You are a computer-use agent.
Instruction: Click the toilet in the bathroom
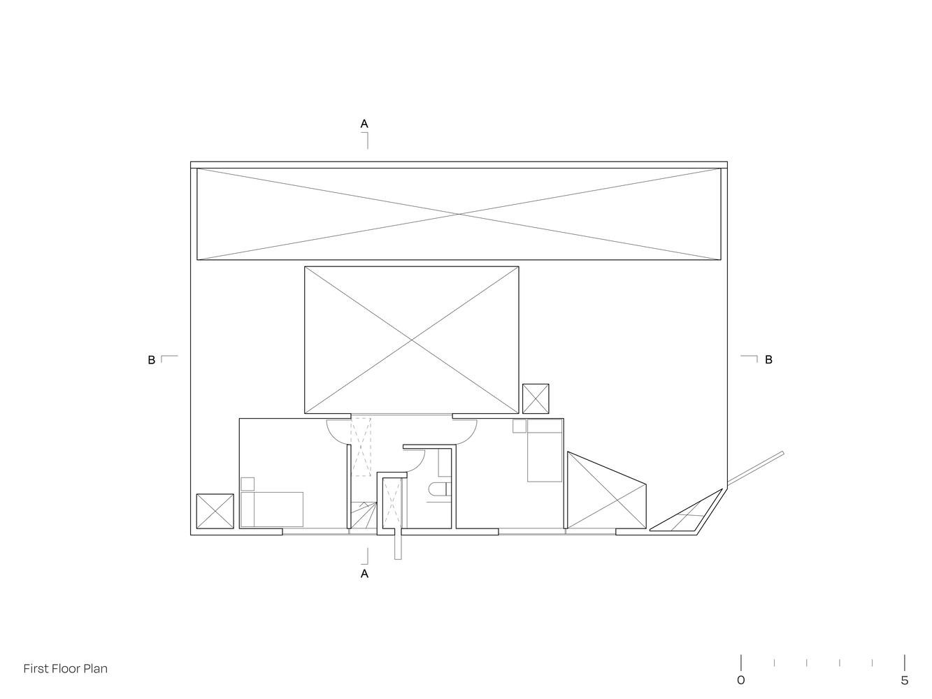(x=439, y=489)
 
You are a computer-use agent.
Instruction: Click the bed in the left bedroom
(x=272, y=510)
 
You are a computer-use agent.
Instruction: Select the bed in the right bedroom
(x=545, y=450)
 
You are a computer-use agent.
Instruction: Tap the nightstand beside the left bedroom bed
(x=248, y=484)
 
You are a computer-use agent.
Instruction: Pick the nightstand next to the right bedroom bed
(x=519, y=426)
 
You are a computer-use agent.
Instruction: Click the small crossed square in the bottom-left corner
(x=215, y=511)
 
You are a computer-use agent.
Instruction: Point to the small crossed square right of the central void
(x=536, y=398)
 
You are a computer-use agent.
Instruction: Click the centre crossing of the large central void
(x=411, y=340)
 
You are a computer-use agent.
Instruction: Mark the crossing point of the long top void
(x=459, y=215)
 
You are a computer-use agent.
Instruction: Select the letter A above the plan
(x=364, y=124)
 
